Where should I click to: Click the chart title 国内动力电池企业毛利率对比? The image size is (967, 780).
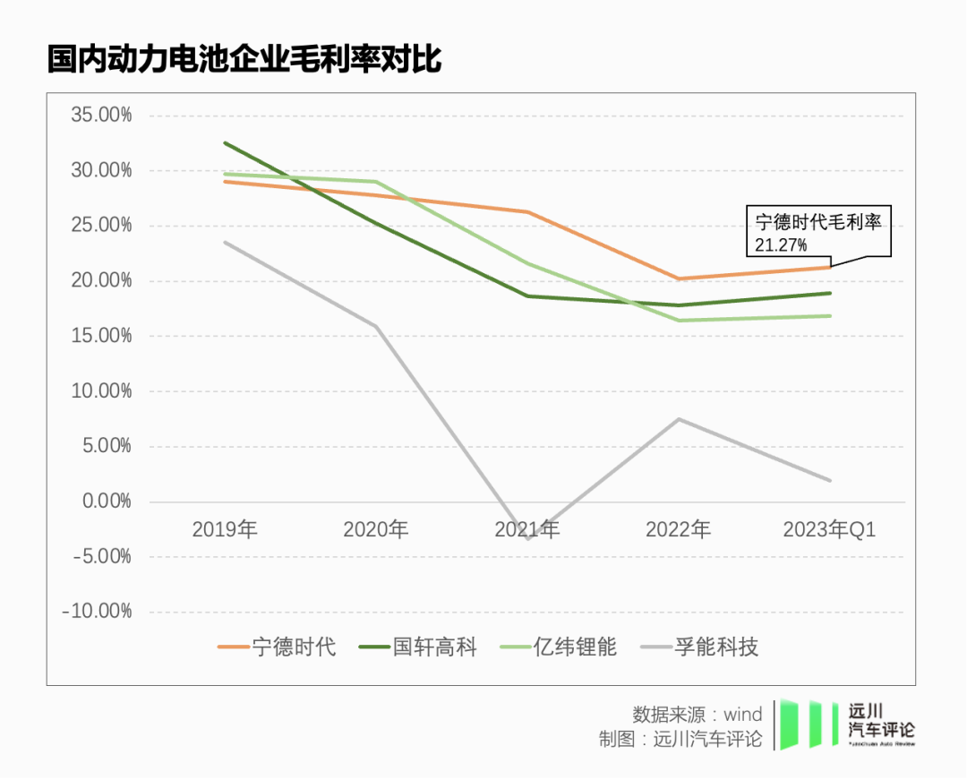coord(244,60)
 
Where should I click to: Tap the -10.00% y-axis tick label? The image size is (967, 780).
coord(97,612)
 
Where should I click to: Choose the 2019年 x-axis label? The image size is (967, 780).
coord(225,530)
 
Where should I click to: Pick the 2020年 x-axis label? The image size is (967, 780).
coord(376,530)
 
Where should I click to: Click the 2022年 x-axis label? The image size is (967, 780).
coord(679,530)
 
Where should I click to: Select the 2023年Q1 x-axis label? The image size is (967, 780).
coord(829,530)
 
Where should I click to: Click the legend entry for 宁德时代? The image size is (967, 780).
coord(278,647)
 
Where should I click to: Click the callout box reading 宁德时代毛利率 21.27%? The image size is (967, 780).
coord(817,232)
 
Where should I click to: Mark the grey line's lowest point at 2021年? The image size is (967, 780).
coord(527,539)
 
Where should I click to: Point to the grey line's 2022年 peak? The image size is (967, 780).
coord(679,419)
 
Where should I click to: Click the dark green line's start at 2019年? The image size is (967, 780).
coord(225,143)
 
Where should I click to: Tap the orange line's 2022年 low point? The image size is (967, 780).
coord(679,279)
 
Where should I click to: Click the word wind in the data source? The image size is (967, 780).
coord(743,714)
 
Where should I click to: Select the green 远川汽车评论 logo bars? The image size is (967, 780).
coord(802,724)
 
